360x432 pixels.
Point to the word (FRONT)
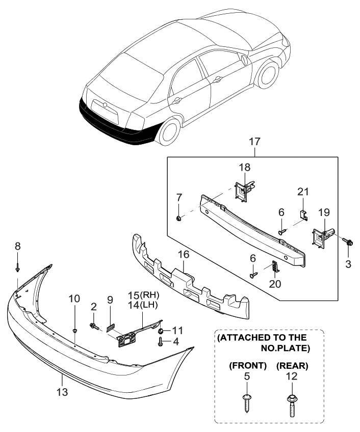coord(247,365)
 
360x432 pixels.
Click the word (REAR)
coord(292,365)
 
